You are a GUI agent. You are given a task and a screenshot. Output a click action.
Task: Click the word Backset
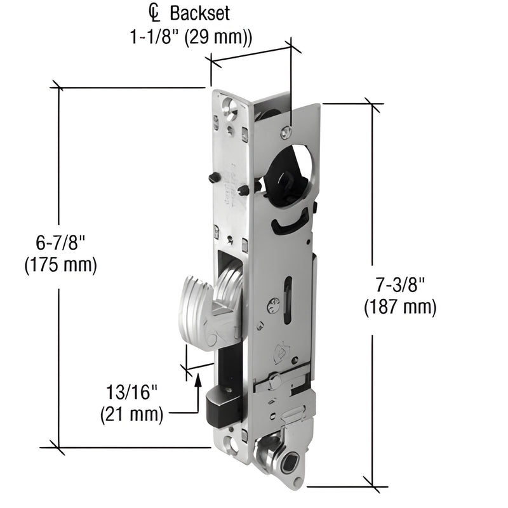coord(199,14)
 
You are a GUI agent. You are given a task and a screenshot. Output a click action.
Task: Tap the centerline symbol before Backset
coord(154,13)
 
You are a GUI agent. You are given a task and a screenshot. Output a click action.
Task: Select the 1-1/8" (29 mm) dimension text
coord(191,37)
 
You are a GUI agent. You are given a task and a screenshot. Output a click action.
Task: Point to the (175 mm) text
coord(60,265)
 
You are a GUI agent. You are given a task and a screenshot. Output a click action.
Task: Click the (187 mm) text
coord(400,307)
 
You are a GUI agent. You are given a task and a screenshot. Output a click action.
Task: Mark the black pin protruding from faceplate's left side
coord(214,177)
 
